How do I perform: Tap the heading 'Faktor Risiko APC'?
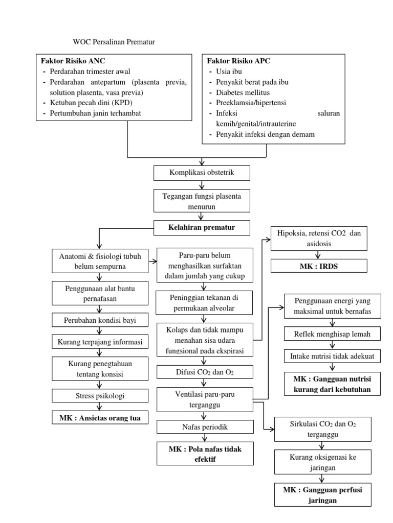[x=238, y=61]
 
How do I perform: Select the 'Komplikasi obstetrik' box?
[x=202, y=173]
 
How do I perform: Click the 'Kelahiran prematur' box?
[x=202, y=228]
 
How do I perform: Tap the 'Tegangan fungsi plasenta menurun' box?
[x=202, y=201]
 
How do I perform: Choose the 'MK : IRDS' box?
[x=319, y=266]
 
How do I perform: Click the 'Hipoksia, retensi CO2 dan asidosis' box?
[x=319, y=239]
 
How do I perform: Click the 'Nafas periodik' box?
[x=204, y=427]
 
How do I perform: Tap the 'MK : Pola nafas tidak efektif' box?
[x=204, y=454]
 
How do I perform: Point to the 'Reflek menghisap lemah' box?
[x=332, y=334]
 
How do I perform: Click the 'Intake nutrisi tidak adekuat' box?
[x=332, y=356]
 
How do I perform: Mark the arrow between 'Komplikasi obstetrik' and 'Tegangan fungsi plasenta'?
[x=202, y=185]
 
